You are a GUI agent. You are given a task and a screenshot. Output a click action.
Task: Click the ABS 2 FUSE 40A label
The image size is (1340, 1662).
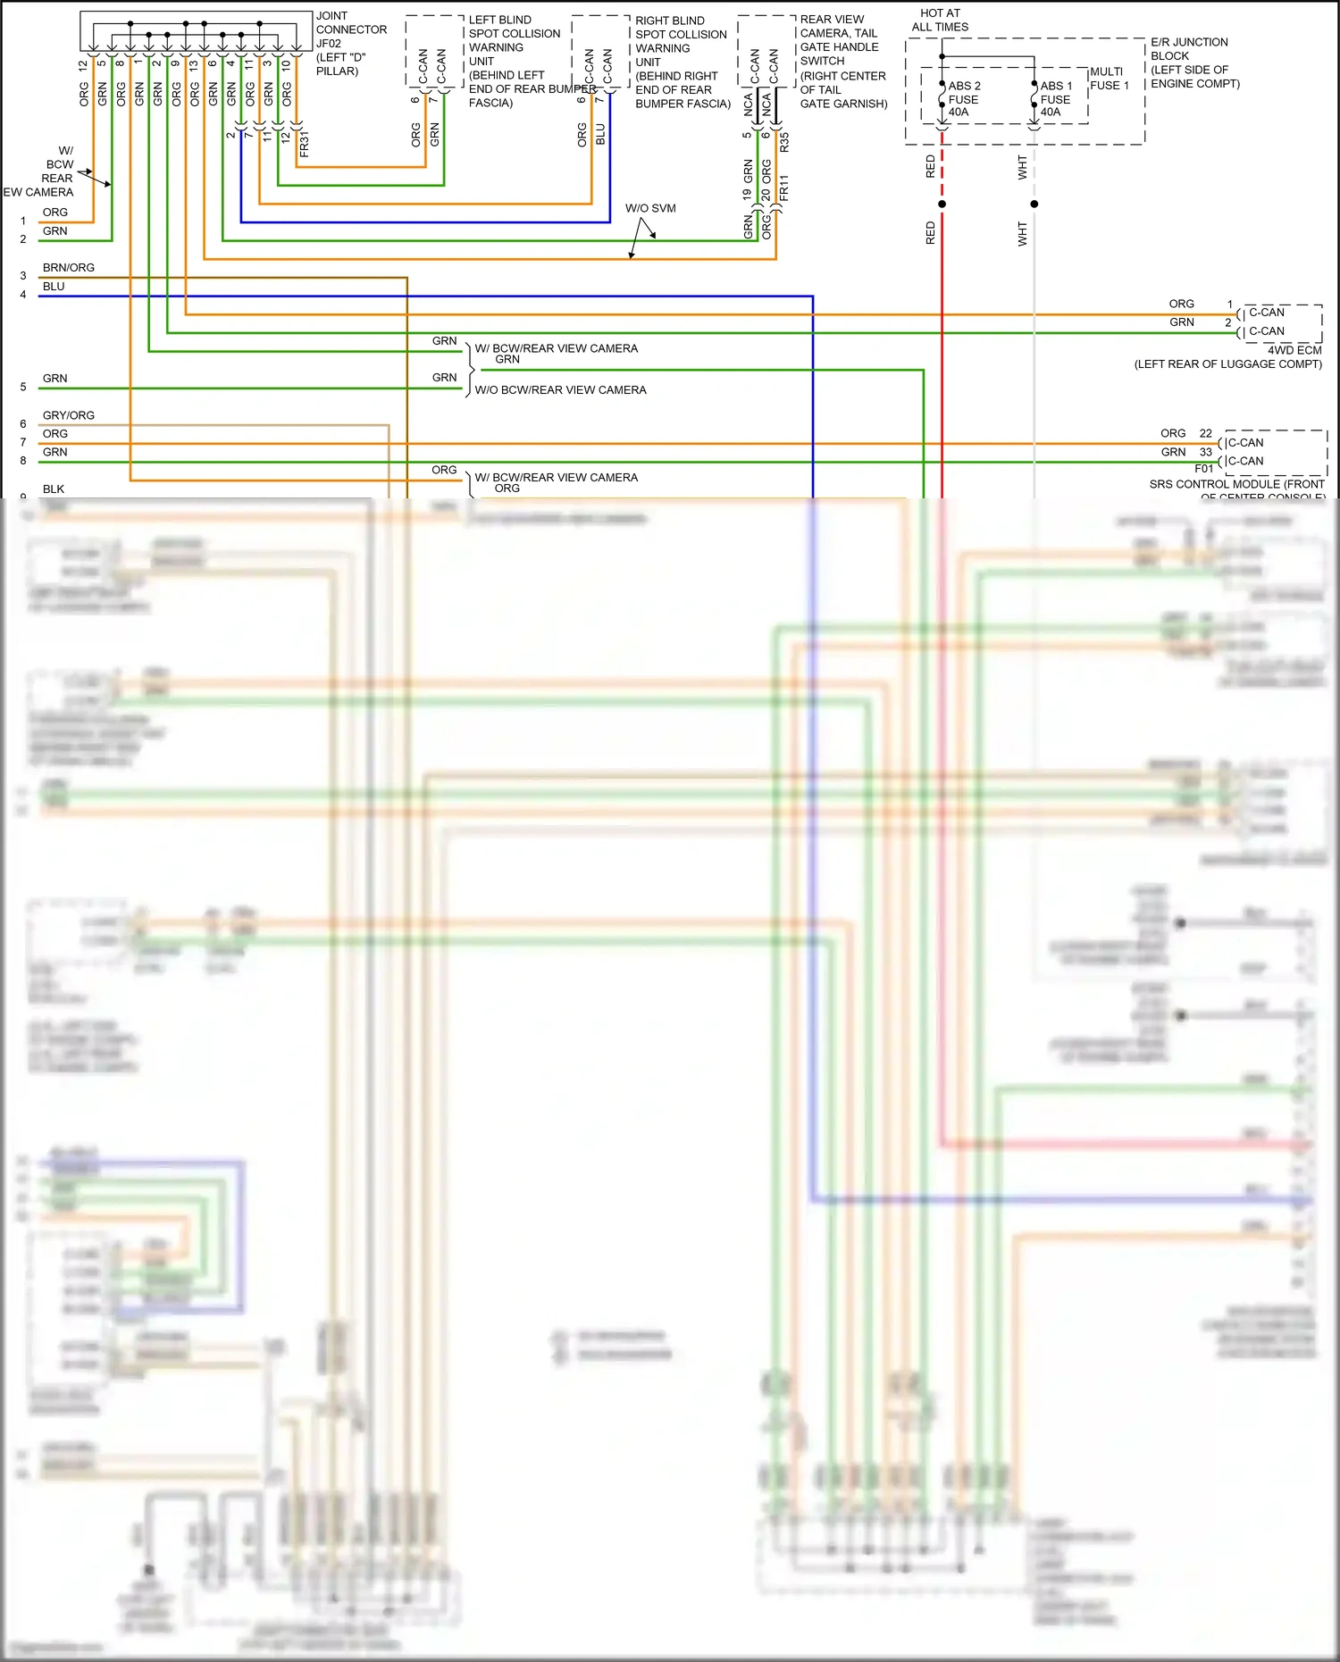tap(963, 99)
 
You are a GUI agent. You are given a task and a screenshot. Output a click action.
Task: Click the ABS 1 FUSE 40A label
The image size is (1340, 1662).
tap(1055, 99)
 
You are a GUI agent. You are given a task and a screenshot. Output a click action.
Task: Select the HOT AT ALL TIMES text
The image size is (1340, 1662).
tap(940, 20)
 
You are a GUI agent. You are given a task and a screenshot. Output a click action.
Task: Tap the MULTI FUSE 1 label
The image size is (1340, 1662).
tap(1109, 79)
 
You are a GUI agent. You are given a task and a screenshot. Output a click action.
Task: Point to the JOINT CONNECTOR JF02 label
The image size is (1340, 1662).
tap(350, 43)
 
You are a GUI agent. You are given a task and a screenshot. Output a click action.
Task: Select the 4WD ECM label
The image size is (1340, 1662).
tap(1294, 350)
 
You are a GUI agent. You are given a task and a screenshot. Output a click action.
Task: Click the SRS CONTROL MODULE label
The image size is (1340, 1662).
tap(1236, 484)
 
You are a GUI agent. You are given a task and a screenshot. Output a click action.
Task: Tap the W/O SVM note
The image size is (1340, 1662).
tap(650, 208)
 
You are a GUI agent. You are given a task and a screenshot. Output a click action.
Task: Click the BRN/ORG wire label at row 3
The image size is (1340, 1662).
tap(69, 267)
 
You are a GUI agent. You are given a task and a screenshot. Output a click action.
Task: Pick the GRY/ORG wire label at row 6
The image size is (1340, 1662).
tap(69, 415)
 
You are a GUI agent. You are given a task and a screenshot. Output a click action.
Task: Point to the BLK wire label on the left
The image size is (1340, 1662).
tap(54, 489)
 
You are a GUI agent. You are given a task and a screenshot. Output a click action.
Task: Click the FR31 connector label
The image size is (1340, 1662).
tap(305, 145)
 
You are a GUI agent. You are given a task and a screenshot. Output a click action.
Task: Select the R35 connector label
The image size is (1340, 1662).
tap(784, 141)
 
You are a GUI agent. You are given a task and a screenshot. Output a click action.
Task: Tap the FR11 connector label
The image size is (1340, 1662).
tap(784, 188)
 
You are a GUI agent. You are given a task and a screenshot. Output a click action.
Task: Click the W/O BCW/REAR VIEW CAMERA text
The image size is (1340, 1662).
tap(560, 390)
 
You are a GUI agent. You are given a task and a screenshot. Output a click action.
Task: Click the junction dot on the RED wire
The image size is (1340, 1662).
tap(942, 204)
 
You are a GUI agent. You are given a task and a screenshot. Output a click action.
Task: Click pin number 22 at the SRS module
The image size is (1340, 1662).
tap(1205, 433)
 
